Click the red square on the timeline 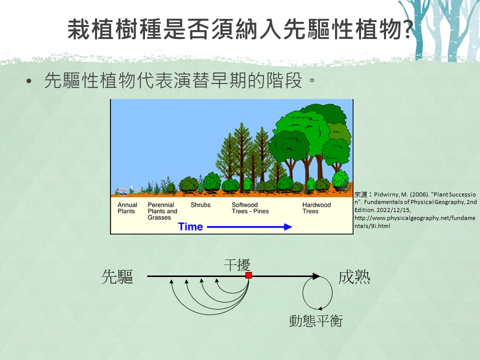pos(249,275)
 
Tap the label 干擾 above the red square pos(237,265)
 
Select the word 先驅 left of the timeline pos(117,276)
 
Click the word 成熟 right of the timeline pos(354,277)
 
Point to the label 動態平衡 pos(316,321)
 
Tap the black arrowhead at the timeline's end pos(316,276)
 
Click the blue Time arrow pos(249,227)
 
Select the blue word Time pos(190,227)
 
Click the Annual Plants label pos(127,208)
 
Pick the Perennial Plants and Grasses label pos(162,211)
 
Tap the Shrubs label pos(200,205)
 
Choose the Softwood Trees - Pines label pos(250,208)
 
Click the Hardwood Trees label pos(316,208)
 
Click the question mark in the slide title pos(407,29)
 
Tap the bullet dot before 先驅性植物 pos(29,81)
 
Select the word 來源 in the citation pos(360,194)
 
